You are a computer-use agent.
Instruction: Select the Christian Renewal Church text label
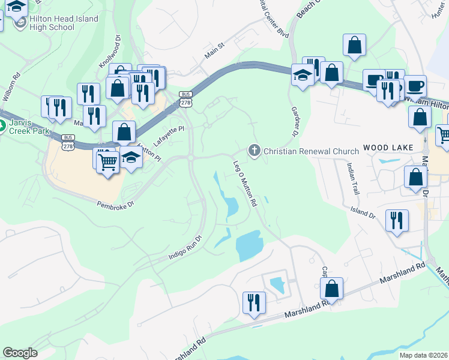311,151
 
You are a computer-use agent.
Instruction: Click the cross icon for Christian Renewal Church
255,150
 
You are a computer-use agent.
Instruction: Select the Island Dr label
363,211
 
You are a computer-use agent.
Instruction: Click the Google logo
20,353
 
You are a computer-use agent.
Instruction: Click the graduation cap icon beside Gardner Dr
303,76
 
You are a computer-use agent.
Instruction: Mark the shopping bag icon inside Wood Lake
415,178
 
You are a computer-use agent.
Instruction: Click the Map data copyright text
424,355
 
